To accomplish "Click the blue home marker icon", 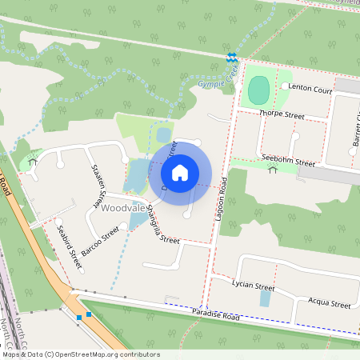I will [x=180, y=173].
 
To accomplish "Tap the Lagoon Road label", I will [x=222, y=199].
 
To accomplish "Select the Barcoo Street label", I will [x=101, y=238].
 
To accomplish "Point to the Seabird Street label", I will [x=69, y=245].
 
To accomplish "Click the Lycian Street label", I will [x=253, y=286].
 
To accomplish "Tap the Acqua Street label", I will [x=330, y=305].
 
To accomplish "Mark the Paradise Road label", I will [x=215, y=313].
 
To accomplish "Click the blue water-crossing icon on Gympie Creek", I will [x=232, y=58].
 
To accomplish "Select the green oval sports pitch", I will [x=258, y=90].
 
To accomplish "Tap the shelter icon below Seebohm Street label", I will [x=273, y=170].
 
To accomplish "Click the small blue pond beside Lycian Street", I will [x=266, y=298].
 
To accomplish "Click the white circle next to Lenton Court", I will [x=284, y=86].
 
